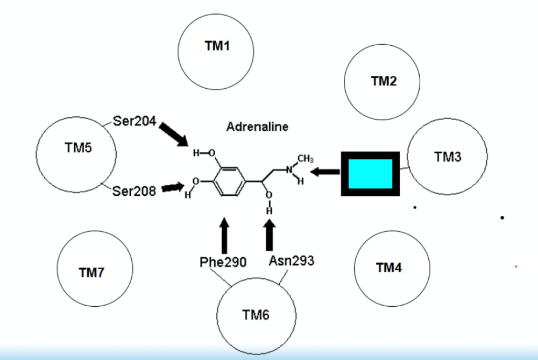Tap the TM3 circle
pos(447,157)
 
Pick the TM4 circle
pos(392,267)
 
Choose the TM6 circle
pos(255,315)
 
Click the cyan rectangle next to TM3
pos(371,174)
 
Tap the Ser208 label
pos(134,190)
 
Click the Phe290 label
pos(223,262)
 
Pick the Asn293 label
pos(291,261)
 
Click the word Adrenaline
pos(257,127)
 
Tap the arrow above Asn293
pos(270,235)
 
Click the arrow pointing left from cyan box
pos(325,172)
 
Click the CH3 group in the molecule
pos(305,159)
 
